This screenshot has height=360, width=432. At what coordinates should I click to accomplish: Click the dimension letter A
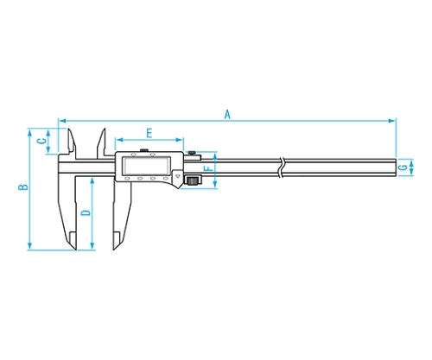point(227,114)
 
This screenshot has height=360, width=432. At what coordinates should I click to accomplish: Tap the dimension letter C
point(42,141)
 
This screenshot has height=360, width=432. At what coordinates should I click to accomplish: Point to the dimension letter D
point(86,213)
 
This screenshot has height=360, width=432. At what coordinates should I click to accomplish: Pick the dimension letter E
point(149,133)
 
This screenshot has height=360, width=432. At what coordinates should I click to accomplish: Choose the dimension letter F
point(208,167)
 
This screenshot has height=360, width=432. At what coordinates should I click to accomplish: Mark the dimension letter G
point(403,167)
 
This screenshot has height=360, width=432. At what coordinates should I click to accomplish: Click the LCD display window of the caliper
point(147,165)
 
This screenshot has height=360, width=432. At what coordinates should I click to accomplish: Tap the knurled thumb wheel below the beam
point(193,180)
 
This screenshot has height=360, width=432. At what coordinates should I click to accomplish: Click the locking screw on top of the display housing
point(144,150)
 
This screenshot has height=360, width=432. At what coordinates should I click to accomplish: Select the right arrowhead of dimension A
point(392,121)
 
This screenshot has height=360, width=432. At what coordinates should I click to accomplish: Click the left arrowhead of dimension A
point(62,121)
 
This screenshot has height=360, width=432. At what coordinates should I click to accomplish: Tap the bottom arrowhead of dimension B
point(29,246)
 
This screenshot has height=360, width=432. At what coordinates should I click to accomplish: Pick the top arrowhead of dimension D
point(92,181)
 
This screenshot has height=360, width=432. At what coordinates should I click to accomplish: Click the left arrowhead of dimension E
point(119,140)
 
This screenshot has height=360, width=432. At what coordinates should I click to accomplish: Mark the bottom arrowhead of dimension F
point(215,185)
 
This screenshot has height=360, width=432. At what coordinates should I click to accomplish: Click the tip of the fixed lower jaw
point(75,249)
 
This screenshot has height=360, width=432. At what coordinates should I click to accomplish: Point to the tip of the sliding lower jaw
point(113,249)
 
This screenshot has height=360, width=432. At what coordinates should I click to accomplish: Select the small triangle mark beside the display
point(178,174)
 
